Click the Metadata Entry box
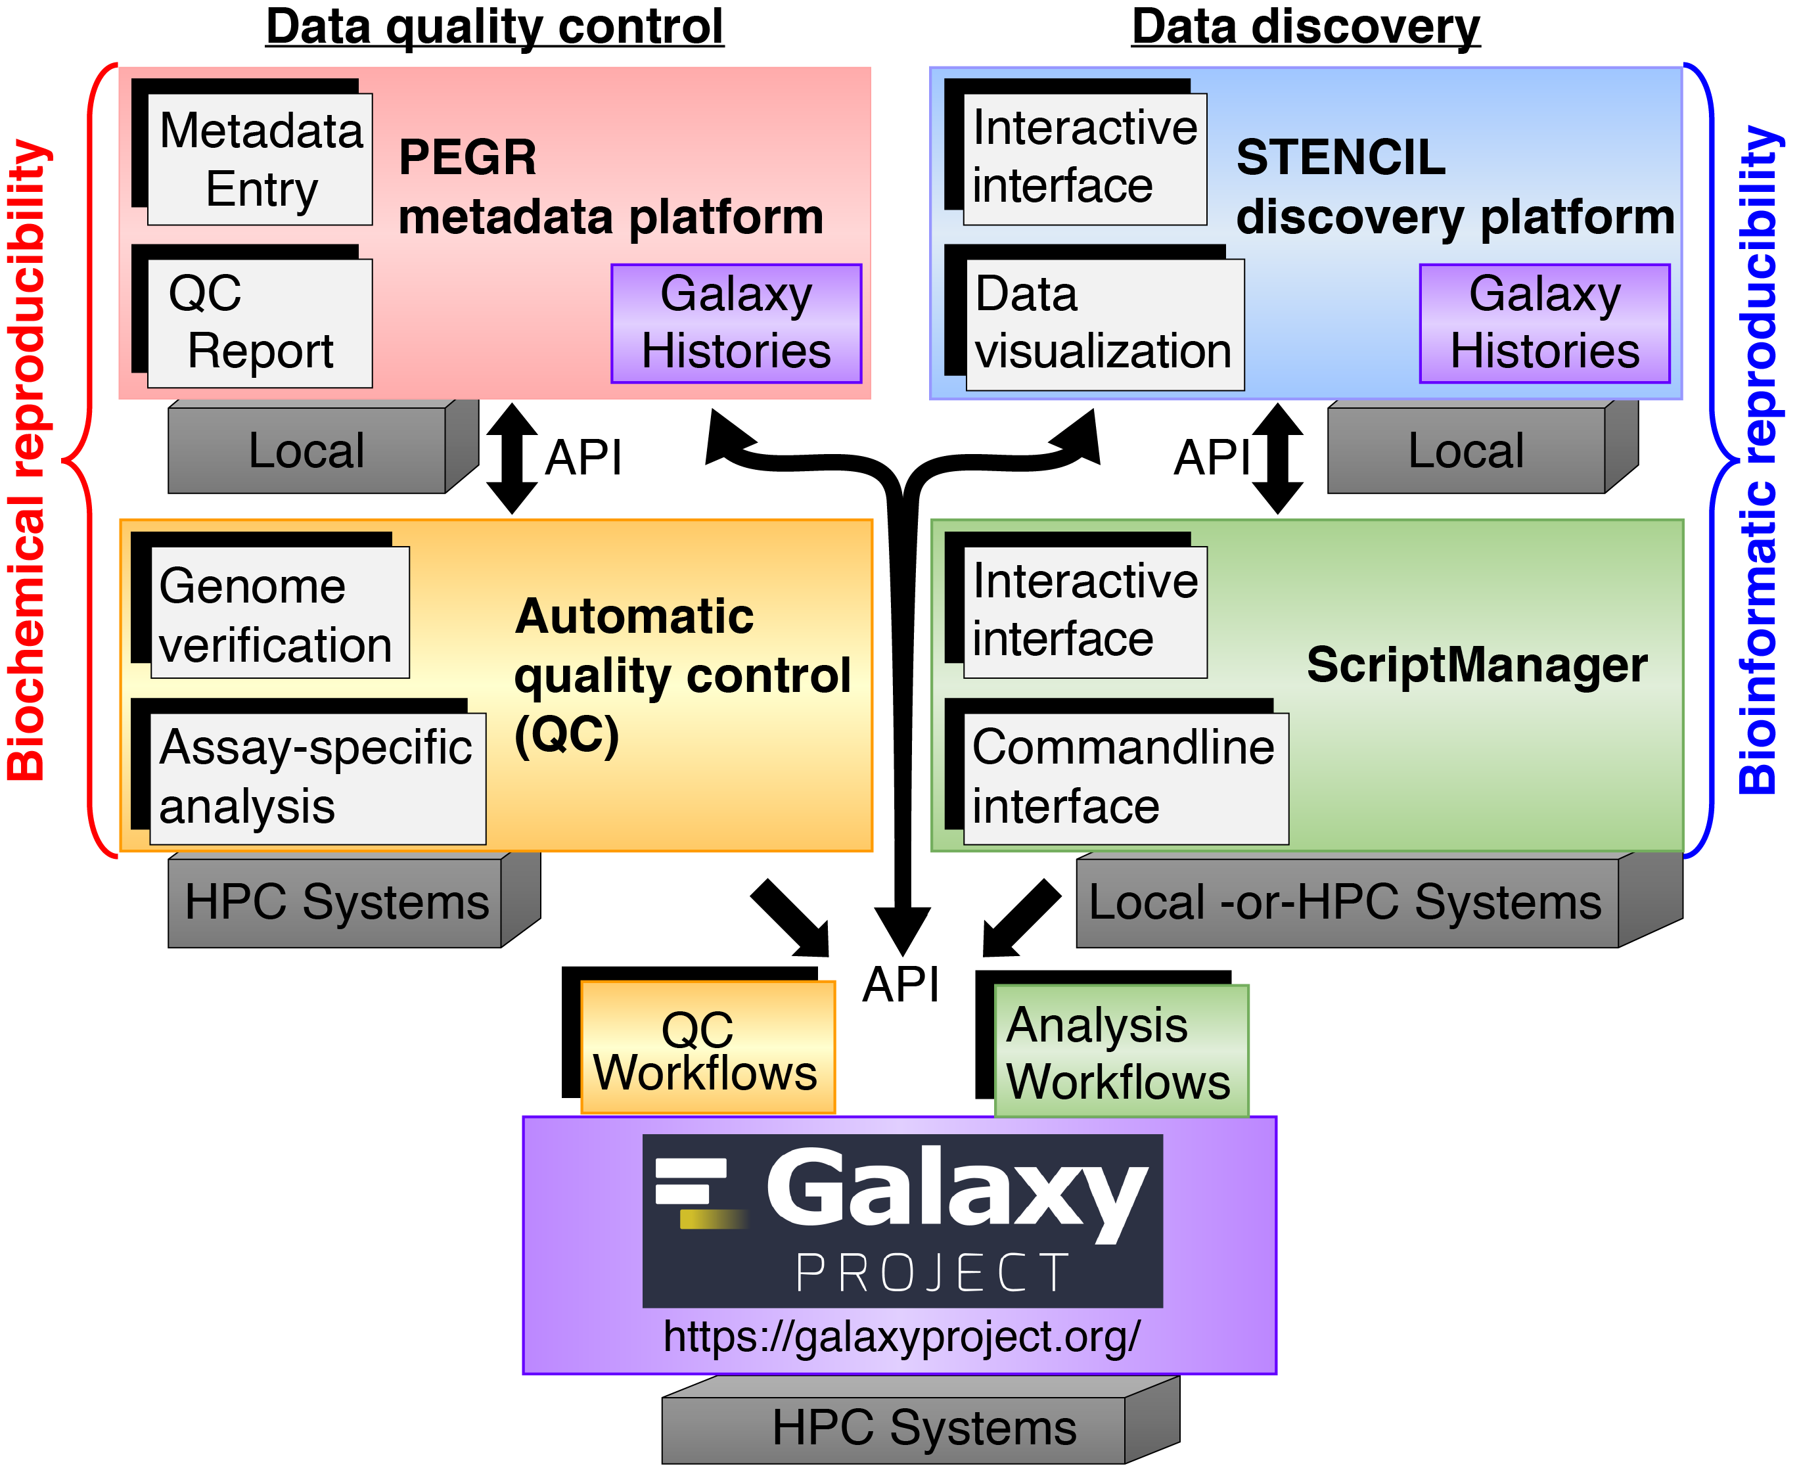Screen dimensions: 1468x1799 (260, 159)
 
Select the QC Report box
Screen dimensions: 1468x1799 (260, 323)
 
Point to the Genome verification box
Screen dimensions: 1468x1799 (279, 612)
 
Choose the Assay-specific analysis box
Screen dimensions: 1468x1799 (317, 778)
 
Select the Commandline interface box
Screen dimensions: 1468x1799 (1126, 778)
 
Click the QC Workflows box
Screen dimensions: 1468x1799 (707, 1047)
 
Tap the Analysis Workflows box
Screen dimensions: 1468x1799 (1120, 1051)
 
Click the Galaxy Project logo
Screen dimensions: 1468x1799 (902, 1220)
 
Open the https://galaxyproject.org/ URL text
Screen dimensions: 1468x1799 (901, 1337)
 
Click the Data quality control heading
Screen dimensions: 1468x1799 (495, 27)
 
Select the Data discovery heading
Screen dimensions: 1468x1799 (1306, 27)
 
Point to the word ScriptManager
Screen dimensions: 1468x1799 (1476, 664)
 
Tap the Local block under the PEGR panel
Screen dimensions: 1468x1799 (307, 451)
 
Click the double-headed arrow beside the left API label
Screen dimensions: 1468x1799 (511, 458)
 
